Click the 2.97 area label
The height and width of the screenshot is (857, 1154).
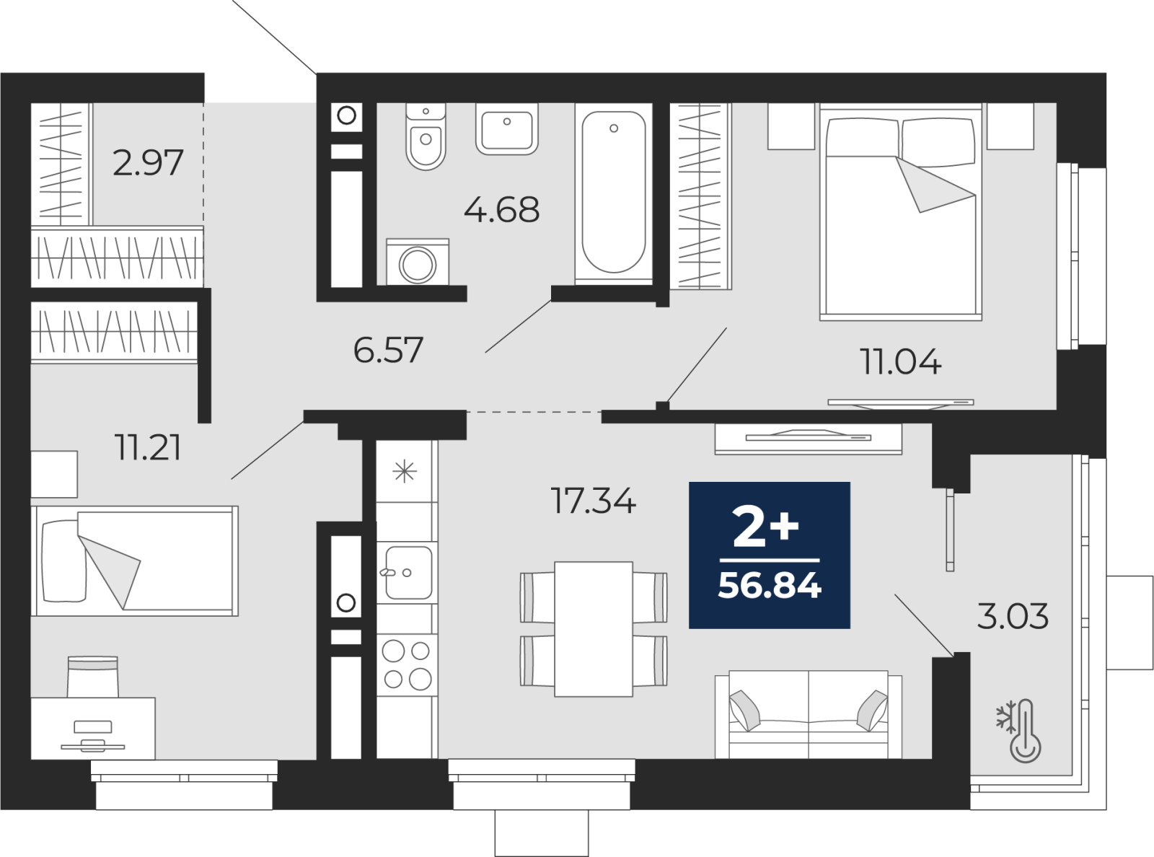click(148, 162)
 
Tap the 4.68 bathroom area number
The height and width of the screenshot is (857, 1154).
click(501, 210)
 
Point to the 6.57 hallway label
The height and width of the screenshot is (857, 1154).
click(388, 350)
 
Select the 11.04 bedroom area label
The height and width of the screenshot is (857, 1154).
click(901, 362)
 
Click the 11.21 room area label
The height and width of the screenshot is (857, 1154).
click(149, 447)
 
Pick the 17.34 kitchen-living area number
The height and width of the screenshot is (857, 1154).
click(593, 501)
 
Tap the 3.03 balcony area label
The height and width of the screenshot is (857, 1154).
click(1013, 616)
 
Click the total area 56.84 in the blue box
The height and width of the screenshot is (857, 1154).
click(770, 585)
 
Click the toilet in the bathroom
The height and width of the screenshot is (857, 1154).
click(426, 136)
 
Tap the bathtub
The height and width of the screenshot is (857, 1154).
click(613, 193)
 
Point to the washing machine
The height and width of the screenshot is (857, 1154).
click(418, 262)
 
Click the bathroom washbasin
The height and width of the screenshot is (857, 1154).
click(507, 129)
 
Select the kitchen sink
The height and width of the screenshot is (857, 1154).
click(408, 572)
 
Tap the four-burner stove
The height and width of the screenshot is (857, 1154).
click(406, 664)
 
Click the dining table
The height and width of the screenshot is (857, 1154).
click(594, 628)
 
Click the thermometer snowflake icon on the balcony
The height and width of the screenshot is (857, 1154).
click(1018, 731)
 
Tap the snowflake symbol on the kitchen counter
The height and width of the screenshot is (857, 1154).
click(405, 472)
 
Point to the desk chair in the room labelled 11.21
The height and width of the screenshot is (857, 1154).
click(92, 677)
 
